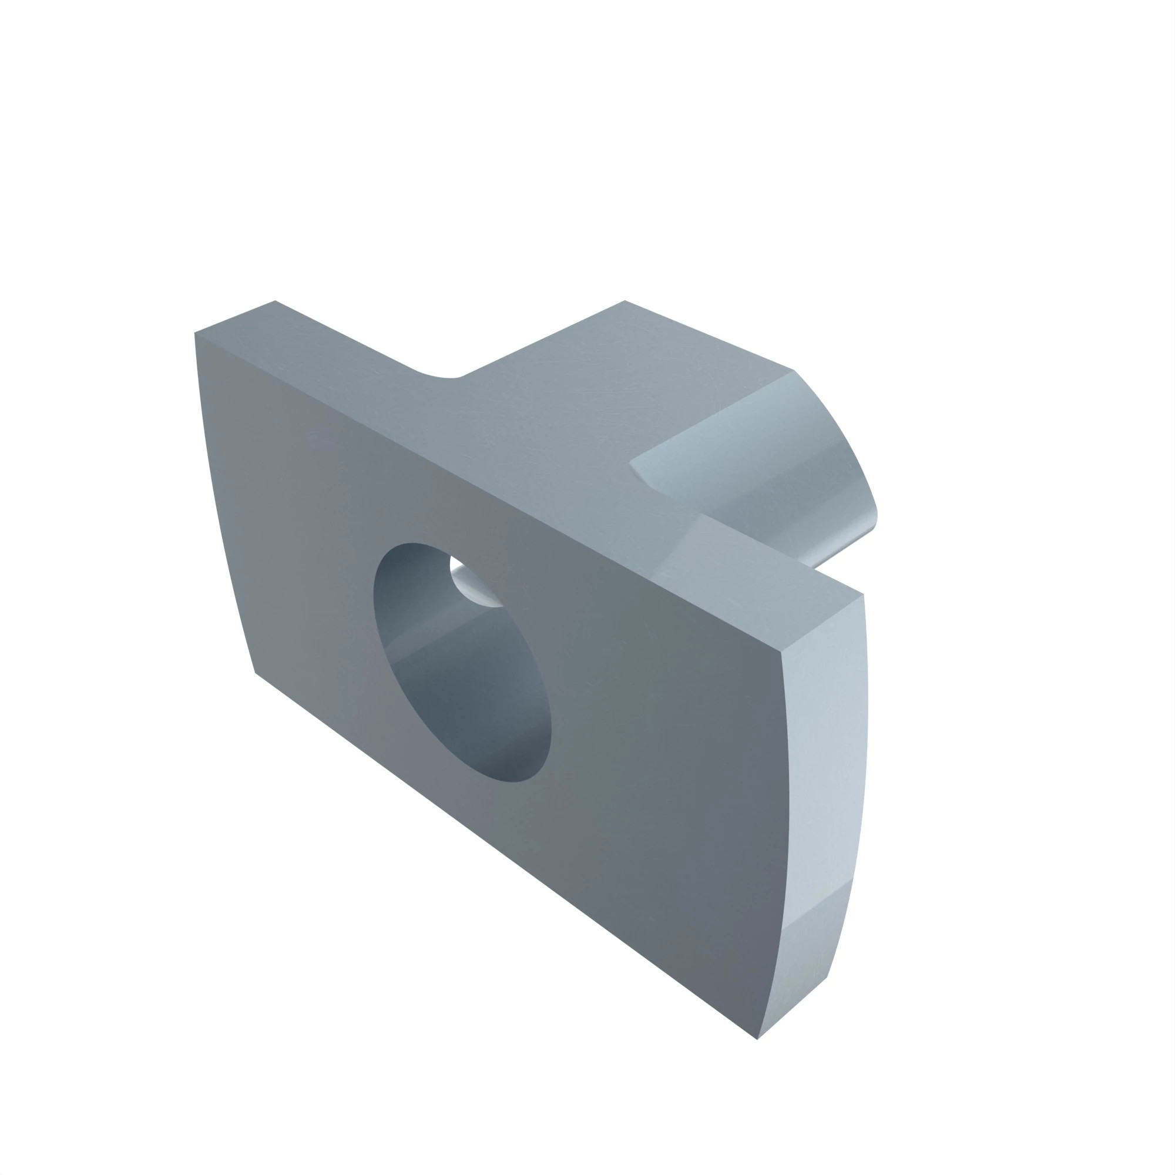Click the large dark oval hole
pyautogui.click(x=462, y=663)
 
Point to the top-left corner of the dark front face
pyautogui.click(x=194, y=333)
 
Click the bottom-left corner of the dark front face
pyautogui.click(x=256, y=672)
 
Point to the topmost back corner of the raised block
pyautogui.click(x=625, y=300)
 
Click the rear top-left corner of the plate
pyautogui.click(x=275, y=300)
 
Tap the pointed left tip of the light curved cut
pyautogui.click(x=630, y=462)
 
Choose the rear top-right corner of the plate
pyautogui.click(x=863, y=594)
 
